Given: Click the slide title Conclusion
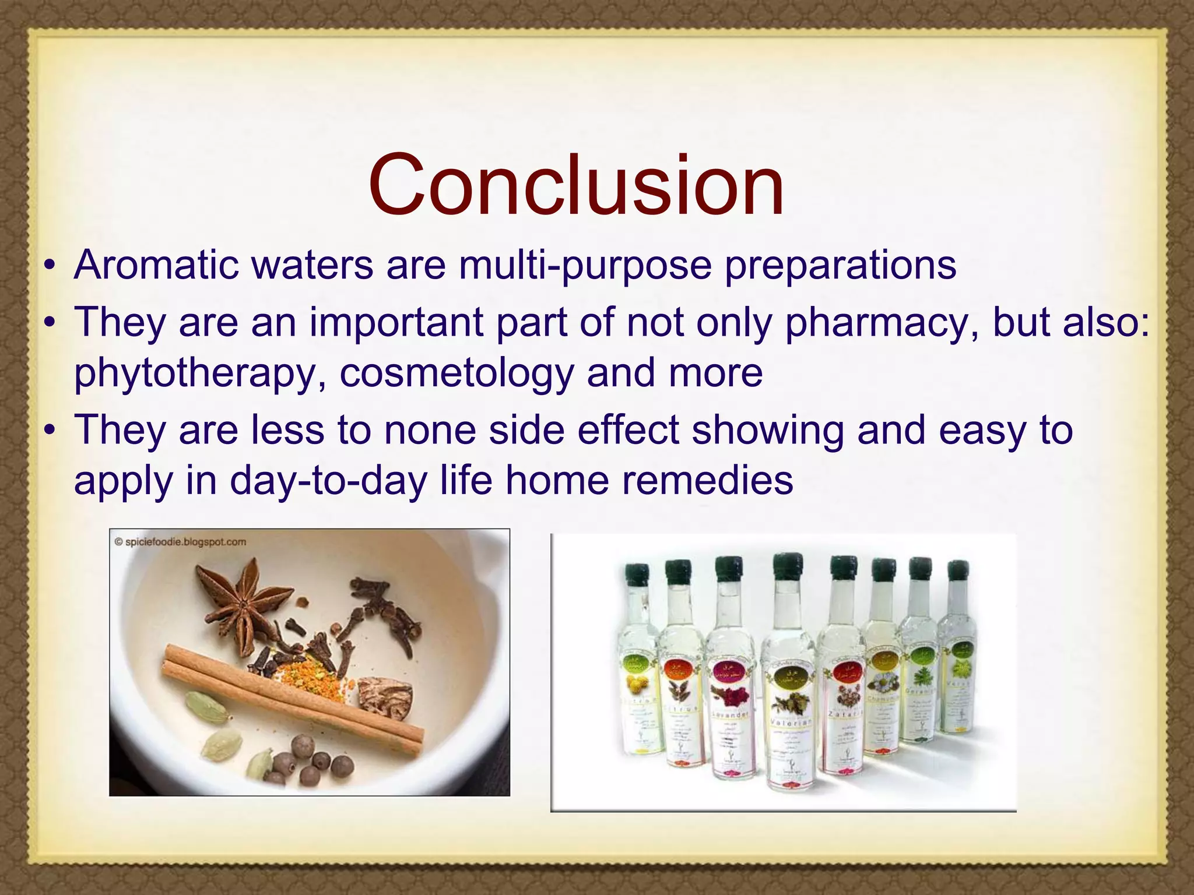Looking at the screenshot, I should [576, 185].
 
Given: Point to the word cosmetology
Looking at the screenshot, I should [456, 373].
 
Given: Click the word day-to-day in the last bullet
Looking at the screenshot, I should [328, 481].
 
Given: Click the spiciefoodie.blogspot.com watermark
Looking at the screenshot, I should [181, 542].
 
